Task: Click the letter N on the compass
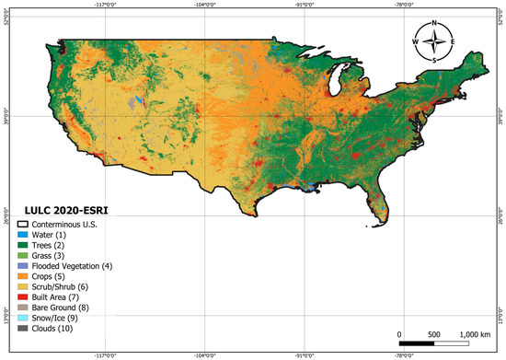click(436, 24)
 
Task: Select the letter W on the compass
click(416, 42)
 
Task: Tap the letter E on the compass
click(456, 42)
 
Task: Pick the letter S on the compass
click(436, 60)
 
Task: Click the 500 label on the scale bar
click(435, 334)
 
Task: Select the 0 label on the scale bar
click(400, 334)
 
